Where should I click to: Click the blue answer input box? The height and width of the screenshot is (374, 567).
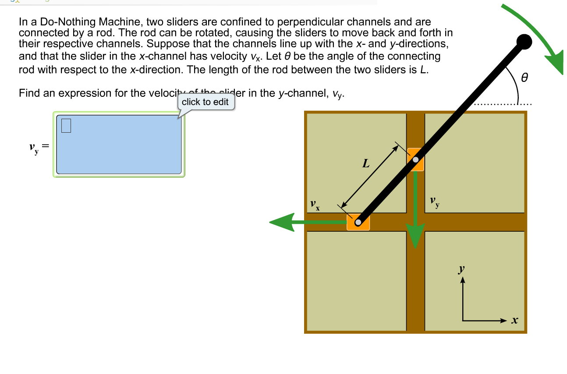(119, 145)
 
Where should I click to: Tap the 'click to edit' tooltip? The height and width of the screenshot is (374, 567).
(205, 102)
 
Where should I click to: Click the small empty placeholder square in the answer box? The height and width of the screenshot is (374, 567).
(66, 125)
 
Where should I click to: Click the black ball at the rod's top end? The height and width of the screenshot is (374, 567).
(524, 42)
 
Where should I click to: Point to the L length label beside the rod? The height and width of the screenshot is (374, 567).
(366, 164)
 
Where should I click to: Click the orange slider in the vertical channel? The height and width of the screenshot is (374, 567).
(415, 159)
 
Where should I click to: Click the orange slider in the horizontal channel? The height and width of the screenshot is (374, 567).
(358, 222)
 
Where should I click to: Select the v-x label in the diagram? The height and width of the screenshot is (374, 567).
(314, 205)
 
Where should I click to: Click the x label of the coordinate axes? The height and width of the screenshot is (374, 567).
(515, 321)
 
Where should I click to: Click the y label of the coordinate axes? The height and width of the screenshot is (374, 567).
(461, 269)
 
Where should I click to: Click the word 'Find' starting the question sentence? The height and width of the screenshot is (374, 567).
(28, 93)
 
